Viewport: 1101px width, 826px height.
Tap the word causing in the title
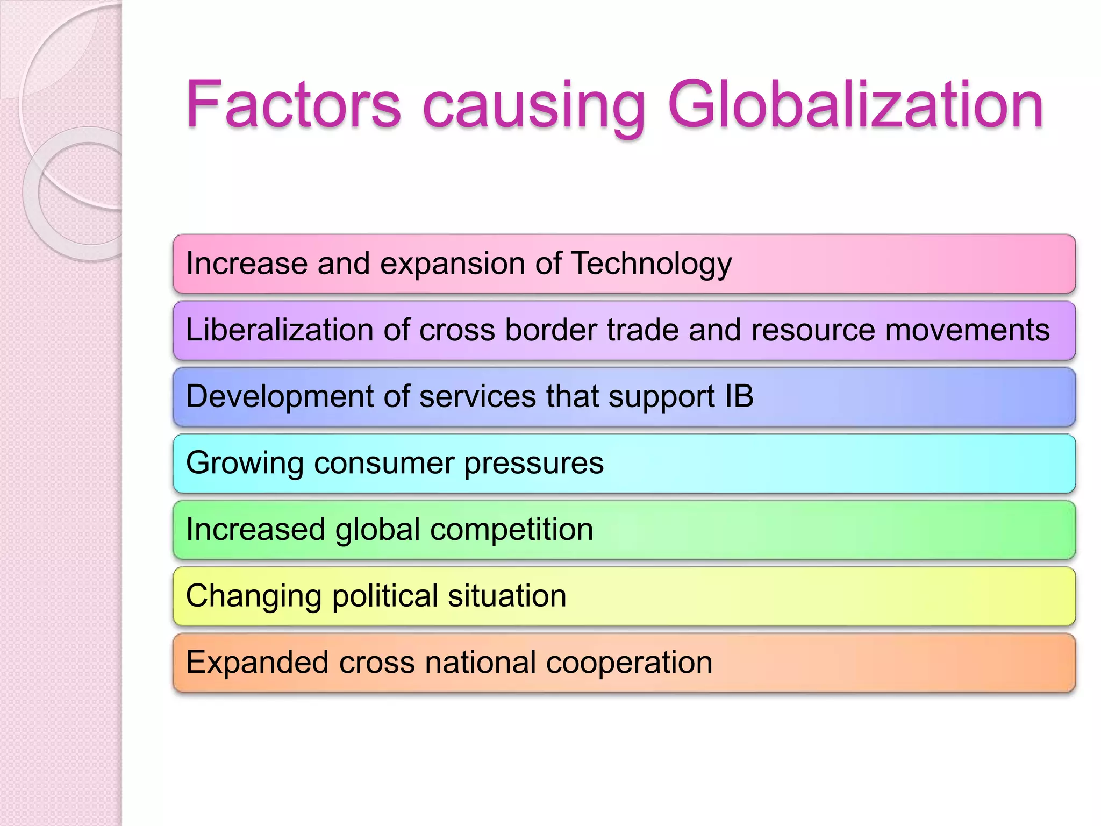pyautogui.click(x=533, y=106)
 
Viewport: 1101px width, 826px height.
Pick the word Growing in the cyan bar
pyautogui.click(x=245, y=464)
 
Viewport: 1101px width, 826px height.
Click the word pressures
pyautogui.click(x=534, y=464)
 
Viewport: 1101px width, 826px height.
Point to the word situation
pyautogui.click(x=507, y=596)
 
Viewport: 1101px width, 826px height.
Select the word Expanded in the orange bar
pyautogui.click(x=257, y=663)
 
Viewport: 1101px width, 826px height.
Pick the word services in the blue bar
pyautogui.click(x=477, y=396)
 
